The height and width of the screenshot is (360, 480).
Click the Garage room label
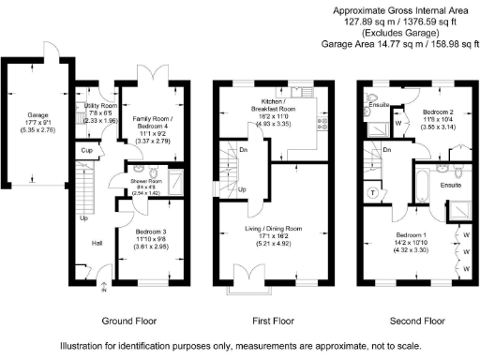pyautogui.click(x=31, y=117)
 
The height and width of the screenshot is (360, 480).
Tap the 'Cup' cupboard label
pyautogui.click(x=85, y=150)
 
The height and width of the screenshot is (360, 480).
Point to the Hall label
pyautogui.click(x=97, y=242)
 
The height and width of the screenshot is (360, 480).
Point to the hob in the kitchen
pyautogui.click(x=322, y=122)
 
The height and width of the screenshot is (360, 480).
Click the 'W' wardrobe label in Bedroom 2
pyautogui.click(x=397, y=121)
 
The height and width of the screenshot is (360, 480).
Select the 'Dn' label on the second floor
pyautogui.click(x=385, y=150)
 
